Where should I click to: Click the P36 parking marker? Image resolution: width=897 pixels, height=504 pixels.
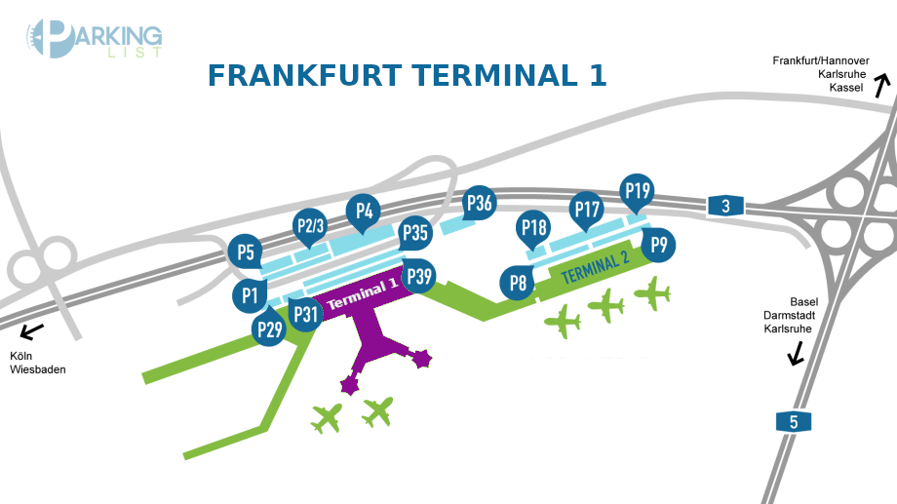click(479, 203)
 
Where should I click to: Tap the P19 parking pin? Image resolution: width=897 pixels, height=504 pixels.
click(638, 190)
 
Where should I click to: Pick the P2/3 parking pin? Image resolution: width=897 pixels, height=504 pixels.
click(310, 227)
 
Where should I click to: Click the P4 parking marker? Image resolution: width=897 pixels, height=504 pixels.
click(364, 210)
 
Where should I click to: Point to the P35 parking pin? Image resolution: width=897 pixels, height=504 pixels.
click(416, 233)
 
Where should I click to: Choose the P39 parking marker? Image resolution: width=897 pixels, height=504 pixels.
click(420, 277)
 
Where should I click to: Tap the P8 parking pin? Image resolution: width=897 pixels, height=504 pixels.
click(518, 284)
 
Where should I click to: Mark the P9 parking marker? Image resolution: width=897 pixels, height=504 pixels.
click(660, 245)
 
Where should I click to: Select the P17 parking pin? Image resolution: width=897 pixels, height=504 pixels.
click(587, 209)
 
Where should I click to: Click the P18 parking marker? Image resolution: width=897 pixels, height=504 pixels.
click(534, 228)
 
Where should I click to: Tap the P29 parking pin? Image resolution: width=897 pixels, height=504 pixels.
click(269, 330)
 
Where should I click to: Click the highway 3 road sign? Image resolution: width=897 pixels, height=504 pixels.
click(725, 206)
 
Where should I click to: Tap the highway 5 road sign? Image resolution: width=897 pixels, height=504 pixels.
click(793, 422)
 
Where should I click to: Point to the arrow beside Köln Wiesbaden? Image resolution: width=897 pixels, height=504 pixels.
click(32, 330)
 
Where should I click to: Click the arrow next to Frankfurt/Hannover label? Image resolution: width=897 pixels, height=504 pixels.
click(883, 87)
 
